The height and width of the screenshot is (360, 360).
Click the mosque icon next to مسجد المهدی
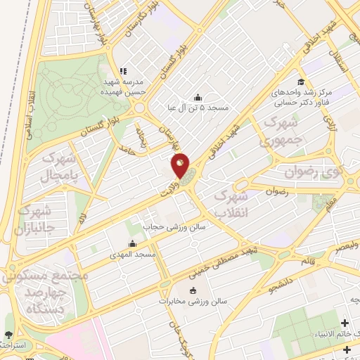113,245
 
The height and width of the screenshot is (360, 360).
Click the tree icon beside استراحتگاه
8,335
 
